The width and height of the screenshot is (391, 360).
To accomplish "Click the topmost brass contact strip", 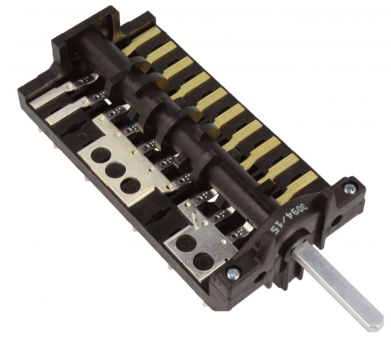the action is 141,41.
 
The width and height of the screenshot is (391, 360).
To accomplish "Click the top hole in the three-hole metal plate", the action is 101,155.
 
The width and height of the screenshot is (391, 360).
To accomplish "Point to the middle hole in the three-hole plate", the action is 116,170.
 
